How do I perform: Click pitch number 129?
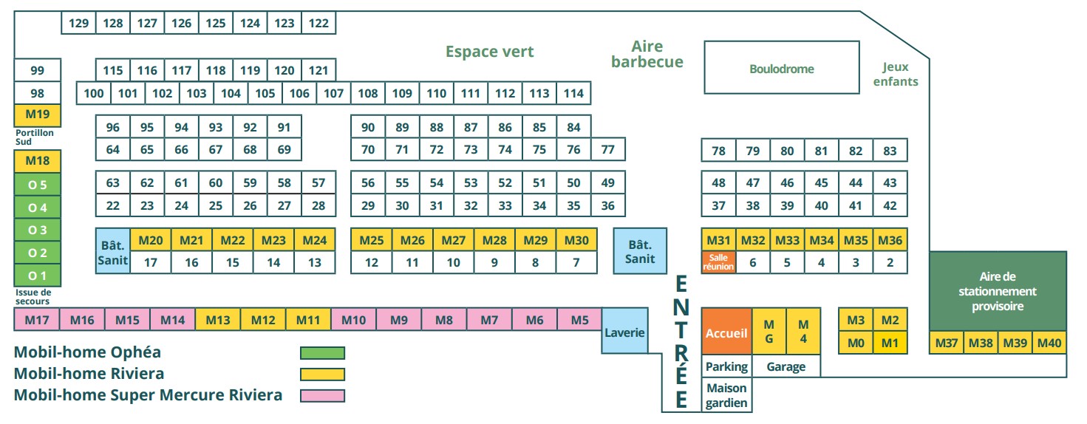[78, 23]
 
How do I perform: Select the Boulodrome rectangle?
[781, 68]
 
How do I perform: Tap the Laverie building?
[624, 332]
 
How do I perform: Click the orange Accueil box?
[726, 333]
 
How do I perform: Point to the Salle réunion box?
[718, 262]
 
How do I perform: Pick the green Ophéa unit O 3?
[38, 230]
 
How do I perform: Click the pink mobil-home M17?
[37, 320]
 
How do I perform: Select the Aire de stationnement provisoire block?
[997, 291]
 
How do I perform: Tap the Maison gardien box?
[726, 395]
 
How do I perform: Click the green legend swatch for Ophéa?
[322, 352]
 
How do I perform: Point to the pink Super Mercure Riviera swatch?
[322, 395]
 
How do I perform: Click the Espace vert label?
[489, 52]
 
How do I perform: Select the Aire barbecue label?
[647, 55]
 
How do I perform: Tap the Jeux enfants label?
[896, 74]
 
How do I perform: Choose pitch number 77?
[607, 150]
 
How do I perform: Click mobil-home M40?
[1049, 343]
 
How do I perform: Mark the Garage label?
[786, 366]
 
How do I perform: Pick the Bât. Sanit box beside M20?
[112, 251]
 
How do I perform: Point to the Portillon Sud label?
[34, 137]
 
